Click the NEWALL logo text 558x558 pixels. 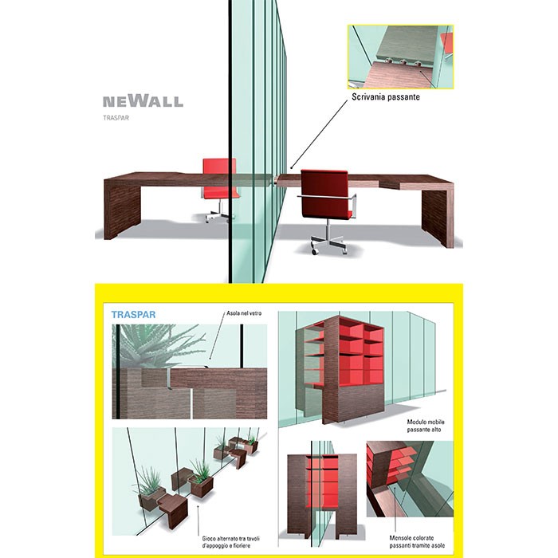pyautogui.click(x=143, y=101)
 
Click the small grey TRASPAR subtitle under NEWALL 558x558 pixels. pyautogui.click(x=116, y=118)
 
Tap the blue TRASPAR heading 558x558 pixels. pyautogui.click(x=133, y=315)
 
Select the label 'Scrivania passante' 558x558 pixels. pyautogui.click(x=386, y=96)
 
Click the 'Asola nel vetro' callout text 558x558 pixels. pyautogui.click(x=244, y=313)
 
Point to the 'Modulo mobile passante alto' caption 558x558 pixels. pyautogui.click(x=426, y=426)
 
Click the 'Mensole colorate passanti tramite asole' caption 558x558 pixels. pyautogui.click(x=417, y=541)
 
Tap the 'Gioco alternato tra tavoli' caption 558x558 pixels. pyautogui.click(x=231, y=538)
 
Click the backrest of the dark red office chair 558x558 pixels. pyautogui.click(x=324, y=194)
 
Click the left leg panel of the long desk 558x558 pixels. pyautogui.click(x=122, y=210)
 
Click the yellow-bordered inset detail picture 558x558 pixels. pyautogui.click(x=401, y=57)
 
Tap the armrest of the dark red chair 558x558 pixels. pyautogui.click(x=328, y=196)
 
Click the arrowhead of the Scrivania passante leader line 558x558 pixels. pyautogui.click(x=292, y=167)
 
